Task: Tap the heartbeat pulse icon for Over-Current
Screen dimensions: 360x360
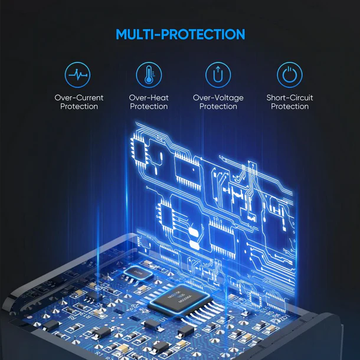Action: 77,75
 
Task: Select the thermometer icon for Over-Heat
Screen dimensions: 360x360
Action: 149,75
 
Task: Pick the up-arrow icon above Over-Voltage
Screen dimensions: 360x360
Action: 218,75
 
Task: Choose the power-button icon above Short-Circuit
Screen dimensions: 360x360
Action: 290,75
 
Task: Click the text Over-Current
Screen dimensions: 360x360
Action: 79,98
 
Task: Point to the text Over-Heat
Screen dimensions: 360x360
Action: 149,98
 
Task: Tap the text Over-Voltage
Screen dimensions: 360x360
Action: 218,98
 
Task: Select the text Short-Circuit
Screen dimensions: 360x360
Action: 290,98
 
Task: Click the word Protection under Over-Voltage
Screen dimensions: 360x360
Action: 218,107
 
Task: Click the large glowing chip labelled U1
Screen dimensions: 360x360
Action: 181,298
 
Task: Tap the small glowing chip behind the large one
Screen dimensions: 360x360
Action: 138,273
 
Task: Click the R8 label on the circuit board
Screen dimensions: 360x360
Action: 71,318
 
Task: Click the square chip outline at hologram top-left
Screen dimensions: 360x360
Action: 139,151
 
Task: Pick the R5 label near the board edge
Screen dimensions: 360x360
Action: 270,313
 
